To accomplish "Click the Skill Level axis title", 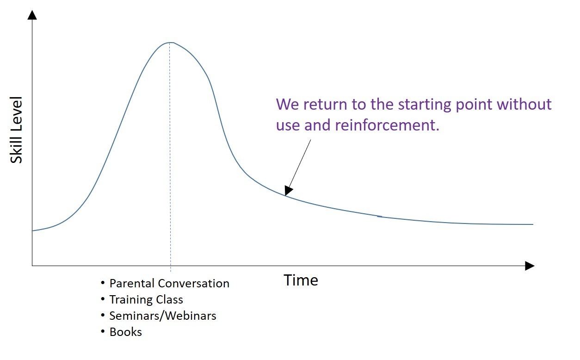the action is (x=16, y=130).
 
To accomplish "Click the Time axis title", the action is (x=301, y=280).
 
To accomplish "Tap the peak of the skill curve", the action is (x=170, y=43).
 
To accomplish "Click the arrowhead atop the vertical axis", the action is (x=32, y=15).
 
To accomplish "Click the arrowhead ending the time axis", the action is (x=530, y=266).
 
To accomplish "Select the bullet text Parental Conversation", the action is (x=169, y=283).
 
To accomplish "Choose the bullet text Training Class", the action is (x=146, y=300).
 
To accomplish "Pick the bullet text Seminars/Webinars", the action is (x=163, y=316).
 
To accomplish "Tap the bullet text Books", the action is (x=126, y=332).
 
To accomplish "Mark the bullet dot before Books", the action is (x=103, y=331).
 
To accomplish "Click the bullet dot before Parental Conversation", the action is (x=103, y=283).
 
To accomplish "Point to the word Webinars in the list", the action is (x=191, y=316).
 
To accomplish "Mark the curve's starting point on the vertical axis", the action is (x=32, y=230).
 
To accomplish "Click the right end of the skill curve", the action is (x=533, y=224).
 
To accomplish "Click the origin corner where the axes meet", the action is (x=32, y=266).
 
